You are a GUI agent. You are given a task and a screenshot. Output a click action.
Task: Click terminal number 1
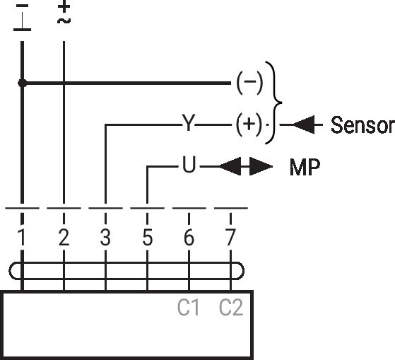pyautogui.click(x=22, y=237)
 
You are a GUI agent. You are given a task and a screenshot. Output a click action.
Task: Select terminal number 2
pyautogui.click(x=64, y=237)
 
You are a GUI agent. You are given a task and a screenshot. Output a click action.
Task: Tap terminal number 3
pyautogui.click(x=105, y=237)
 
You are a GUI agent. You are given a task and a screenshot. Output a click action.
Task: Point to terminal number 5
pyautogui.click(x=148, y=237)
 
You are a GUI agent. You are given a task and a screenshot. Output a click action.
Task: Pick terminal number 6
pyautogui.click(x=189, y=237)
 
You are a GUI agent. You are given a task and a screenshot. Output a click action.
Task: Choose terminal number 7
pyautogui.click(x=230, y=237)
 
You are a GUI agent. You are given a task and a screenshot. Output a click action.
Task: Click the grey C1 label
pyautogui.click(x=188, y=307)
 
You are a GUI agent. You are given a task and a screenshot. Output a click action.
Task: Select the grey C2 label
pyautogui.click(x=231, y=307)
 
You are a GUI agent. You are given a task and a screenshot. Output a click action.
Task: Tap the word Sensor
pyautogui.click(x=362, y=124)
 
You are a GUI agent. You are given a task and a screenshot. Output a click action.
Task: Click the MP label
pyautogui.click(x=305, y=167)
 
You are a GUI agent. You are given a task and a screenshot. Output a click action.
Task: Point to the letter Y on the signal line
pyautogui.click(x=189, y=122)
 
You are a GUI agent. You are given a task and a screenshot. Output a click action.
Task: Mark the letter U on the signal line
pyautogui.click(x=189, y=164)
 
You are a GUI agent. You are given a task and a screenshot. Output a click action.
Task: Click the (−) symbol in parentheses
pyautogui.click(x=249, y=82)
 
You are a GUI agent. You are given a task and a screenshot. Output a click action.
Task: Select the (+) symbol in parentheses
pyautogui.click(x=249, y=124)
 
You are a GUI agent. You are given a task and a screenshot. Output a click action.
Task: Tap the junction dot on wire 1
pyautogui.click(x=23, y=83)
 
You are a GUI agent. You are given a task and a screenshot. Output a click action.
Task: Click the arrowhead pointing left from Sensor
pyautogui.click(x=304, y=124)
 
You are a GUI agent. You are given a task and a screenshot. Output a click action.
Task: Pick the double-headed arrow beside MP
pyautogui.click(x=246, y=166)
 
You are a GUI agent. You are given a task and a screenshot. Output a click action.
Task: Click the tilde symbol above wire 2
pyautogui.click(x=64, y=21)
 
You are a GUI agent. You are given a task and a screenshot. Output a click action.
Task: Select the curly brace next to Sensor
pyautogui.click(x=274, y=103)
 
